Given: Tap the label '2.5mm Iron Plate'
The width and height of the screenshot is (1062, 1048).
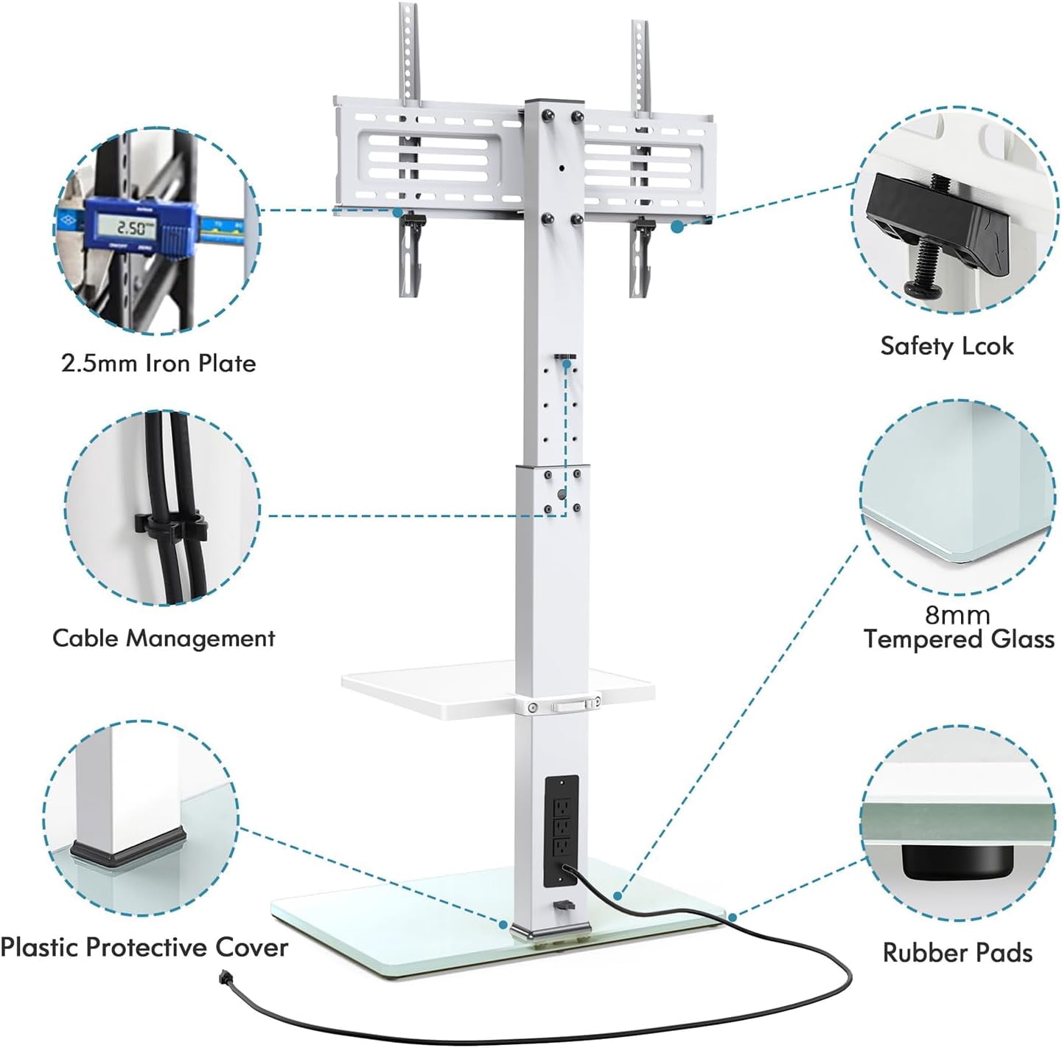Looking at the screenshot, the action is point(158,364).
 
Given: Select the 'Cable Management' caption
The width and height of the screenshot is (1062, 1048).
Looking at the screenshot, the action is point(164,638).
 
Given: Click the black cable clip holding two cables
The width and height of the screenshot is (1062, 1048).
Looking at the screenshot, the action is point(170,529).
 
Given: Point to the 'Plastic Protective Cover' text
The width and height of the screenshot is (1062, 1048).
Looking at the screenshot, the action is point(144,948).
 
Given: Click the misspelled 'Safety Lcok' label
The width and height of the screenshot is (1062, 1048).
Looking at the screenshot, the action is point(947,346).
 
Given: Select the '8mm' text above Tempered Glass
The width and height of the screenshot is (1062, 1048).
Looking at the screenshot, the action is point(958,615).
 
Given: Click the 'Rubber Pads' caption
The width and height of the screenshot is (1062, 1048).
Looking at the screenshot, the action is point(957,953).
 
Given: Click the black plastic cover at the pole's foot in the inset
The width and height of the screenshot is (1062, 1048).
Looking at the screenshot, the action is point(127,850).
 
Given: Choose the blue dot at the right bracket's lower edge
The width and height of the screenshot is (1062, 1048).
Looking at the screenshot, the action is point(677,226).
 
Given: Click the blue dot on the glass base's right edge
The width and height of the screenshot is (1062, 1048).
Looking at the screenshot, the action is point(733,917).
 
